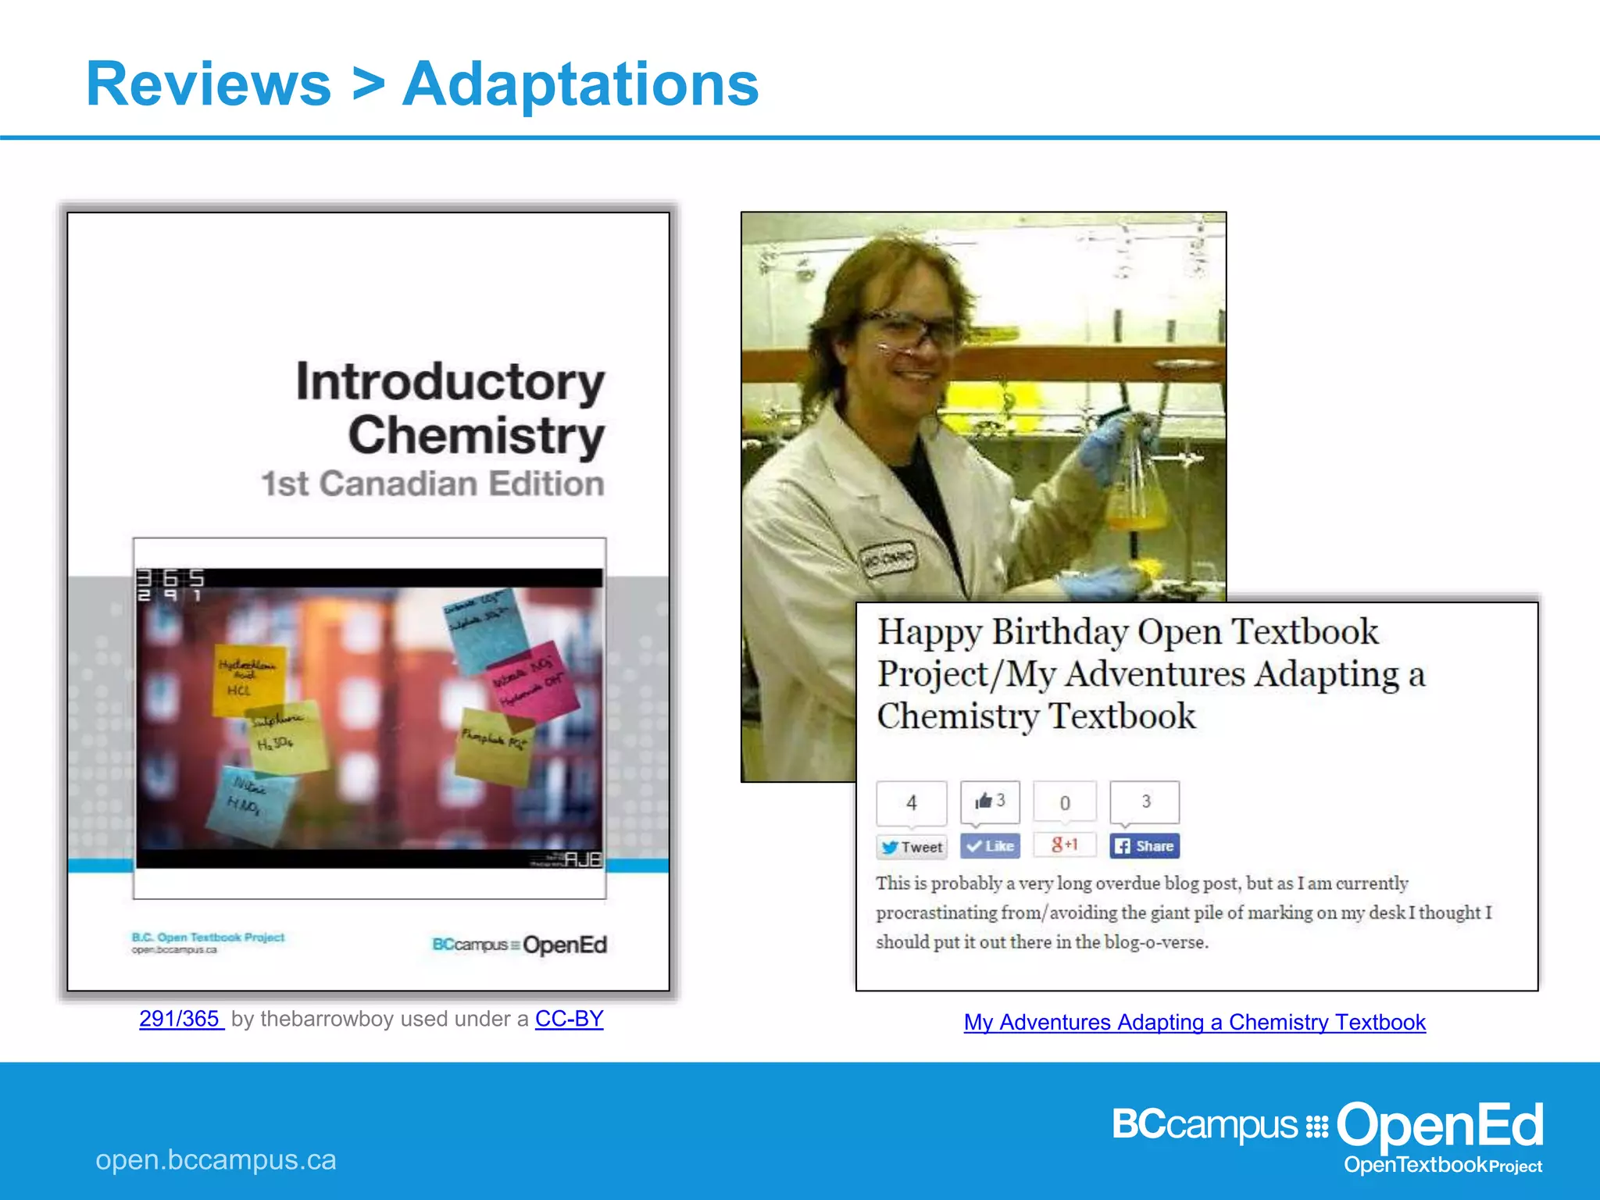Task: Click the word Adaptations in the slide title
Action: [x=580, y=84]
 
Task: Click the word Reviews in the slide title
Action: [x=209, y=84]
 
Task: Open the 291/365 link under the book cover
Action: [x=180, y=1019]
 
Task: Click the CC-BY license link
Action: [x=569, y=1019]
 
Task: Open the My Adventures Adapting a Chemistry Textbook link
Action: [x=1195, y=1022]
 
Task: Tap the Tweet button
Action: [x=912, y=847]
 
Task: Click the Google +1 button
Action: [x=1065, y=845]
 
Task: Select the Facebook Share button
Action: [x=1145, y=846]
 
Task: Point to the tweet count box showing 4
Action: [x=912, y=803]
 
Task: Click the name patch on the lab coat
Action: [x=887, y=559]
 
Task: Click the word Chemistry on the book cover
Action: [x=477, y=435]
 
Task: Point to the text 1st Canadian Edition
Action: [x=433, y=484]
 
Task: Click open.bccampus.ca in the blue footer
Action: [x=216, y=1160]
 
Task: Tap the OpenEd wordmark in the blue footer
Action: [x=1439, y=1125]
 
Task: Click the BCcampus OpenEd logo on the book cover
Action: [x=520, y=945]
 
